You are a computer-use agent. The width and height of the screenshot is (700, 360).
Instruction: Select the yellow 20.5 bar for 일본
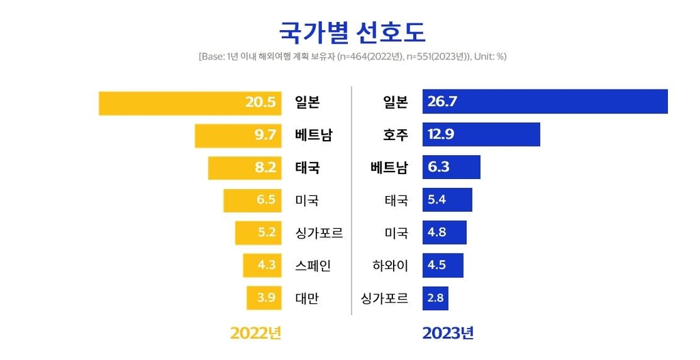(190, 103)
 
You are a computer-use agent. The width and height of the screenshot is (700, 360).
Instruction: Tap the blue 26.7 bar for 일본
(545, 102)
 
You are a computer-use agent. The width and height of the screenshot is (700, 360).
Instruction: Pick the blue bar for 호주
(481, 135)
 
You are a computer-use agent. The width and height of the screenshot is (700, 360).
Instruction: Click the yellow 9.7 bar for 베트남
(238, 135)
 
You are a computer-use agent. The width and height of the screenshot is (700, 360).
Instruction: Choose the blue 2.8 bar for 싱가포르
(435, 299)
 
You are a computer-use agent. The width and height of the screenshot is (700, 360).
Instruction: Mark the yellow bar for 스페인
(262, 265)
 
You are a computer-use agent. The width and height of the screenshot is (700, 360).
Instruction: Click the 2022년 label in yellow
(256, 333)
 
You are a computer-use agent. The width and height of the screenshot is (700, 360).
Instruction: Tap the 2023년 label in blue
(448, 333)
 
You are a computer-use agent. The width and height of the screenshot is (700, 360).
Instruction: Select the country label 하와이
(390, 265)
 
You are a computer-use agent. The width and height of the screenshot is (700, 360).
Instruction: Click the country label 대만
(307, 299)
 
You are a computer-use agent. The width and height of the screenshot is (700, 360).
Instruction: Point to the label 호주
(396, 135)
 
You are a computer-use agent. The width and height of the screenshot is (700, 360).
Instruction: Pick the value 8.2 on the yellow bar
(265, 167)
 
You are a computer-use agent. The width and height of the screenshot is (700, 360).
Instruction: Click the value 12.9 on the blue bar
(441, 135)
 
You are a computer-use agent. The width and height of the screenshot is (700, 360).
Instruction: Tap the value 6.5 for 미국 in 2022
(266, 200)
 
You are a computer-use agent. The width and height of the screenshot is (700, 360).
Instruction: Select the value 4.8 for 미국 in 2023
(437, 232)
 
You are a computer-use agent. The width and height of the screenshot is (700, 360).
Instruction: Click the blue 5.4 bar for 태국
(447, 200)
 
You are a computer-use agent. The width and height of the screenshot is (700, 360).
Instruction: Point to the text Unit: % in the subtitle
(489, 57)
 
